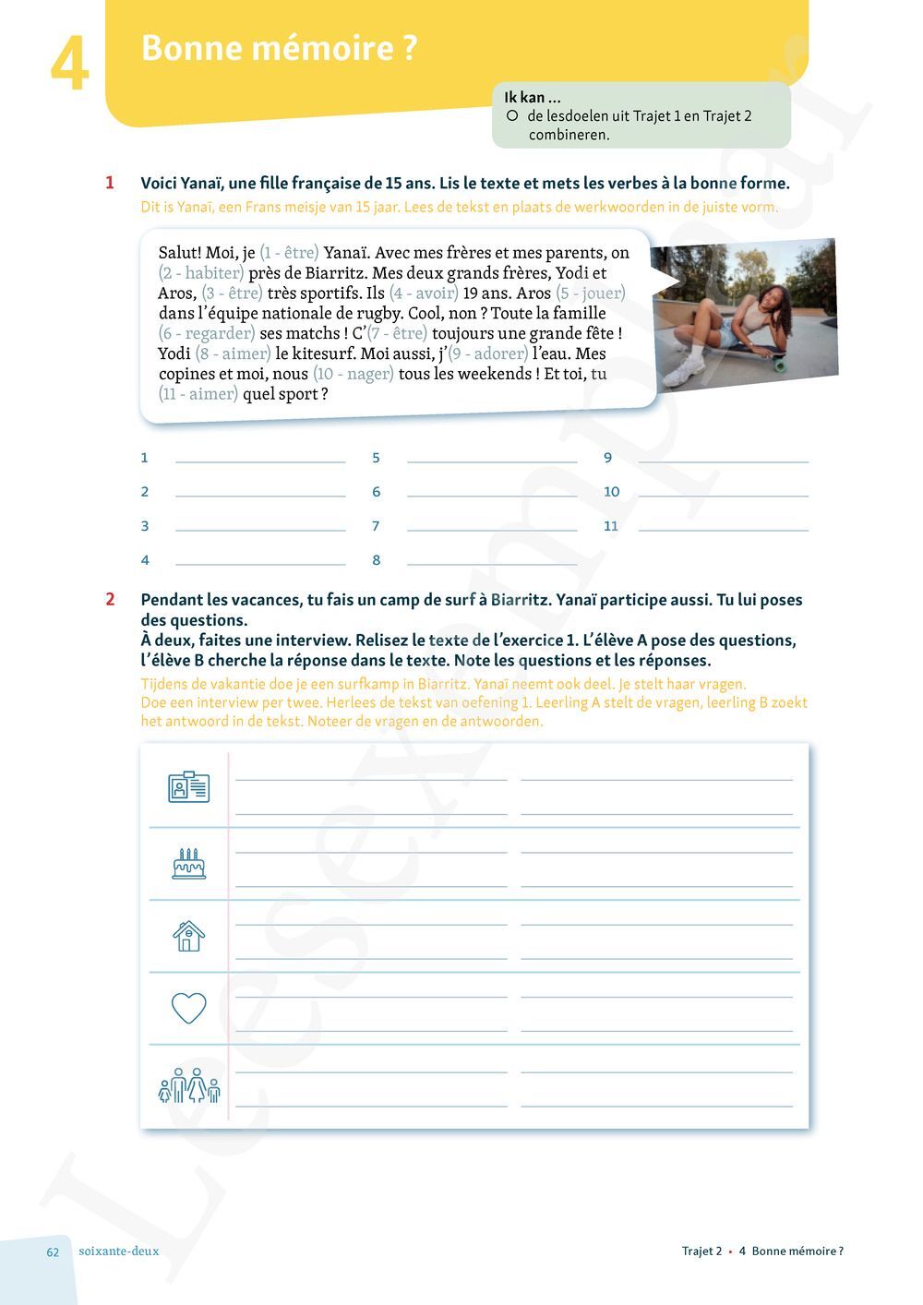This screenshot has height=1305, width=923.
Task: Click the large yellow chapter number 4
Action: tap(69, 65)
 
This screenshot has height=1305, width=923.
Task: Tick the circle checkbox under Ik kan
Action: tap(511, 116)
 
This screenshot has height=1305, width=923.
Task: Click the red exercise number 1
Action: tap(110, 183)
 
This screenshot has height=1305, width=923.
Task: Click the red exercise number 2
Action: tap(110, 599)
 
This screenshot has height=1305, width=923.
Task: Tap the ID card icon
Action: tap(188, 786)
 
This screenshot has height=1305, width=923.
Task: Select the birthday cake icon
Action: tap(188, 863)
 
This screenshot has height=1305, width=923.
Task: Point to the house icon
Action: tap(188, 935)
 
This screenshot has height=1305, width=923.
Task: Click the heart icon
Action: tap(188, 1007)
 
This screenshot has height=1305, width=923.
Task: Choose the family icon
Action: tap(188, 1085)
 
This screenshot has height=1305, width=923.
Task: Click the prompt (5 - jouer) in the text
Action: tap(591, 293)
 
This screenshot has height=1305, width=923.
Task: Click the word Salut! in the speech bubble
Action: tap(180, 252)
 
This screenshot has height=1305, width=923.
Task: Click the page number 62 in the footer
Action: tap(53, 1251)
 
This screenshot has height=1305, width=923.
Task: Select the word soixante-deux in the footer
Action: tap(119, 1251)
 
